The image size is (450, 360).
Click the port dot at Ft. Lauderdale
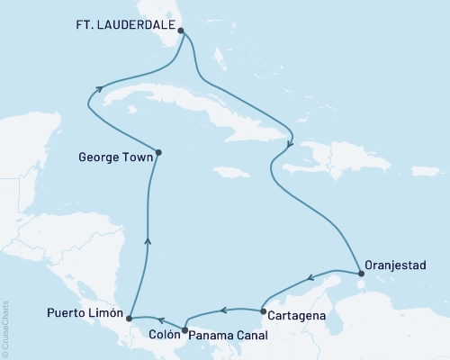tap(182, 30)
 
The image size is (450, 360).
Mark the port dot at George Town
tap(158, 152)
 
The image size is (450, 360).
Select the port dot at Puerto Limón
tap(130, 318)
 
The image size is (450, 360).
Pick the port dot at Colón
tap(184, 329)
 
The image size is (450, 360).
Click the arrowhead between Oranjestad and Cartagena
tap(310, 278)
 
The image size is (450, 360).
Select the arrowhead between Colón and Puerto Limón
tap(160, 319)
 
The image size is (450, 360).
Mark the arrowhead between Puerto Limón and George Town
tap(148, 240)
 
